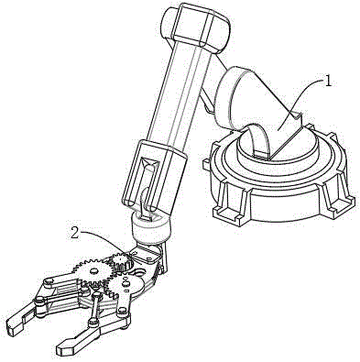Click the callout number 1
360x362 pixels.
(x=327, y=82)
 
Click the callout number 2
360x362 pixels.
(x=75, y=234)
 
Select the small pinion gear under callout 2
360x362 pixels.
(x=121, y=260)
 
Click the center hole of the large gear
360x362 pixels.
(x=93, y=270)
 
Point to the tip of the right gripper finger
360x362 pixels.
(x=61, y=347)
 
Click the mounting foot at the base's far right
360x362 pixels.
(x=342, y=202)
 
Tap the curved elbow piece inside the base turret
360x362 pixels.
(x=256, y=137)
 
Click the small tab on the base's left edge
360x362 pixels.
(x=206, y=164)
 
